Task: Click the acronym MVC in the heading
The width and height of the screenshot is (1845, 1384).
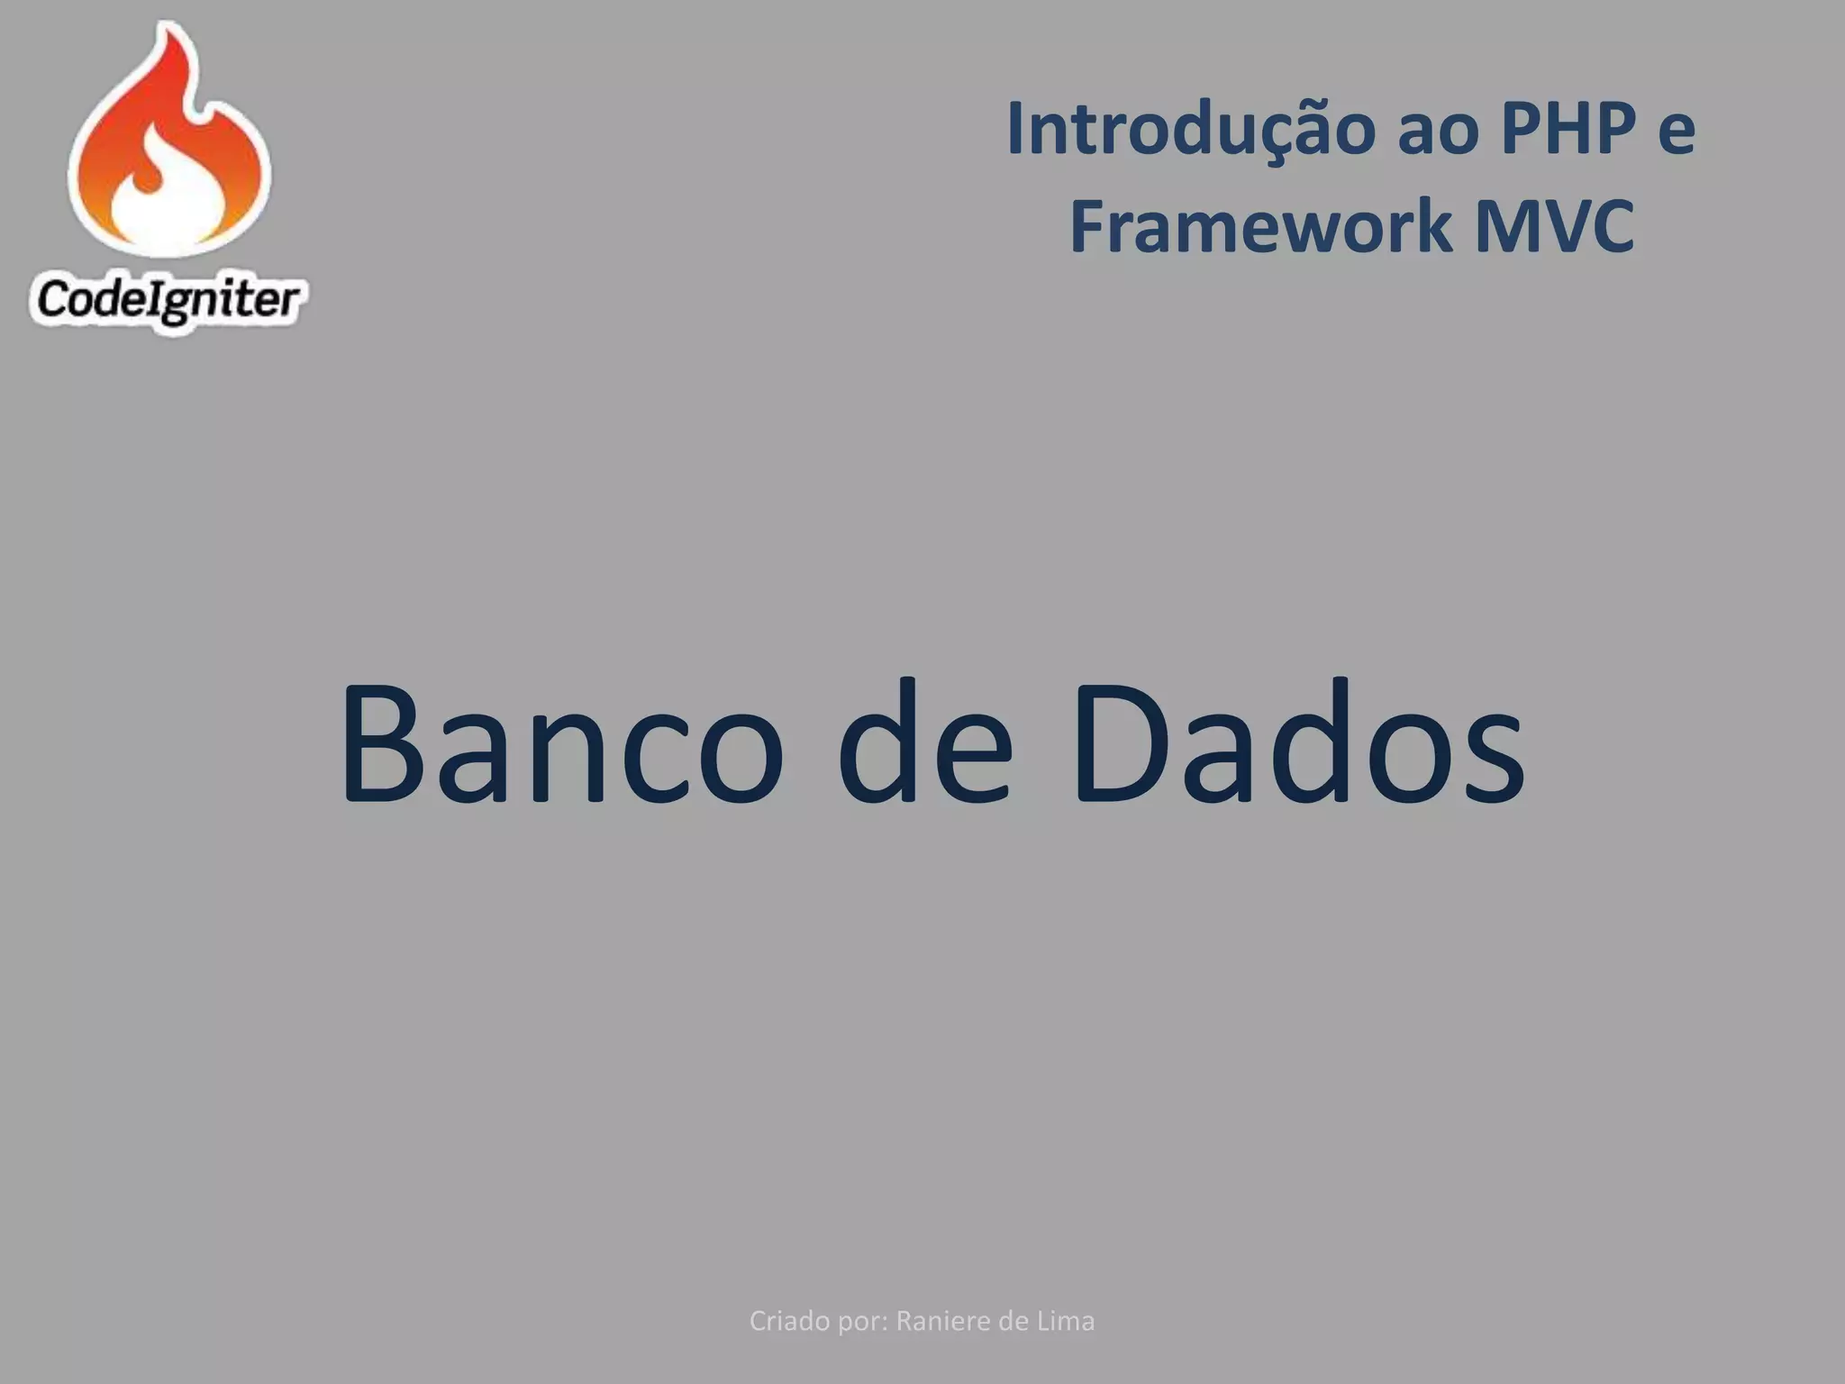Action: (x=1554, y=226)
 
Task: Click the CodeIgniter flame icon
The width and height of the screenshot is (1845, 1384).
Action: (x=170, y=144)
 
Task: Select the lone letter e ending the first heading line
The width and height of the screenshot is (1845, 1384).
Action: (x=1677, y=132)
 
